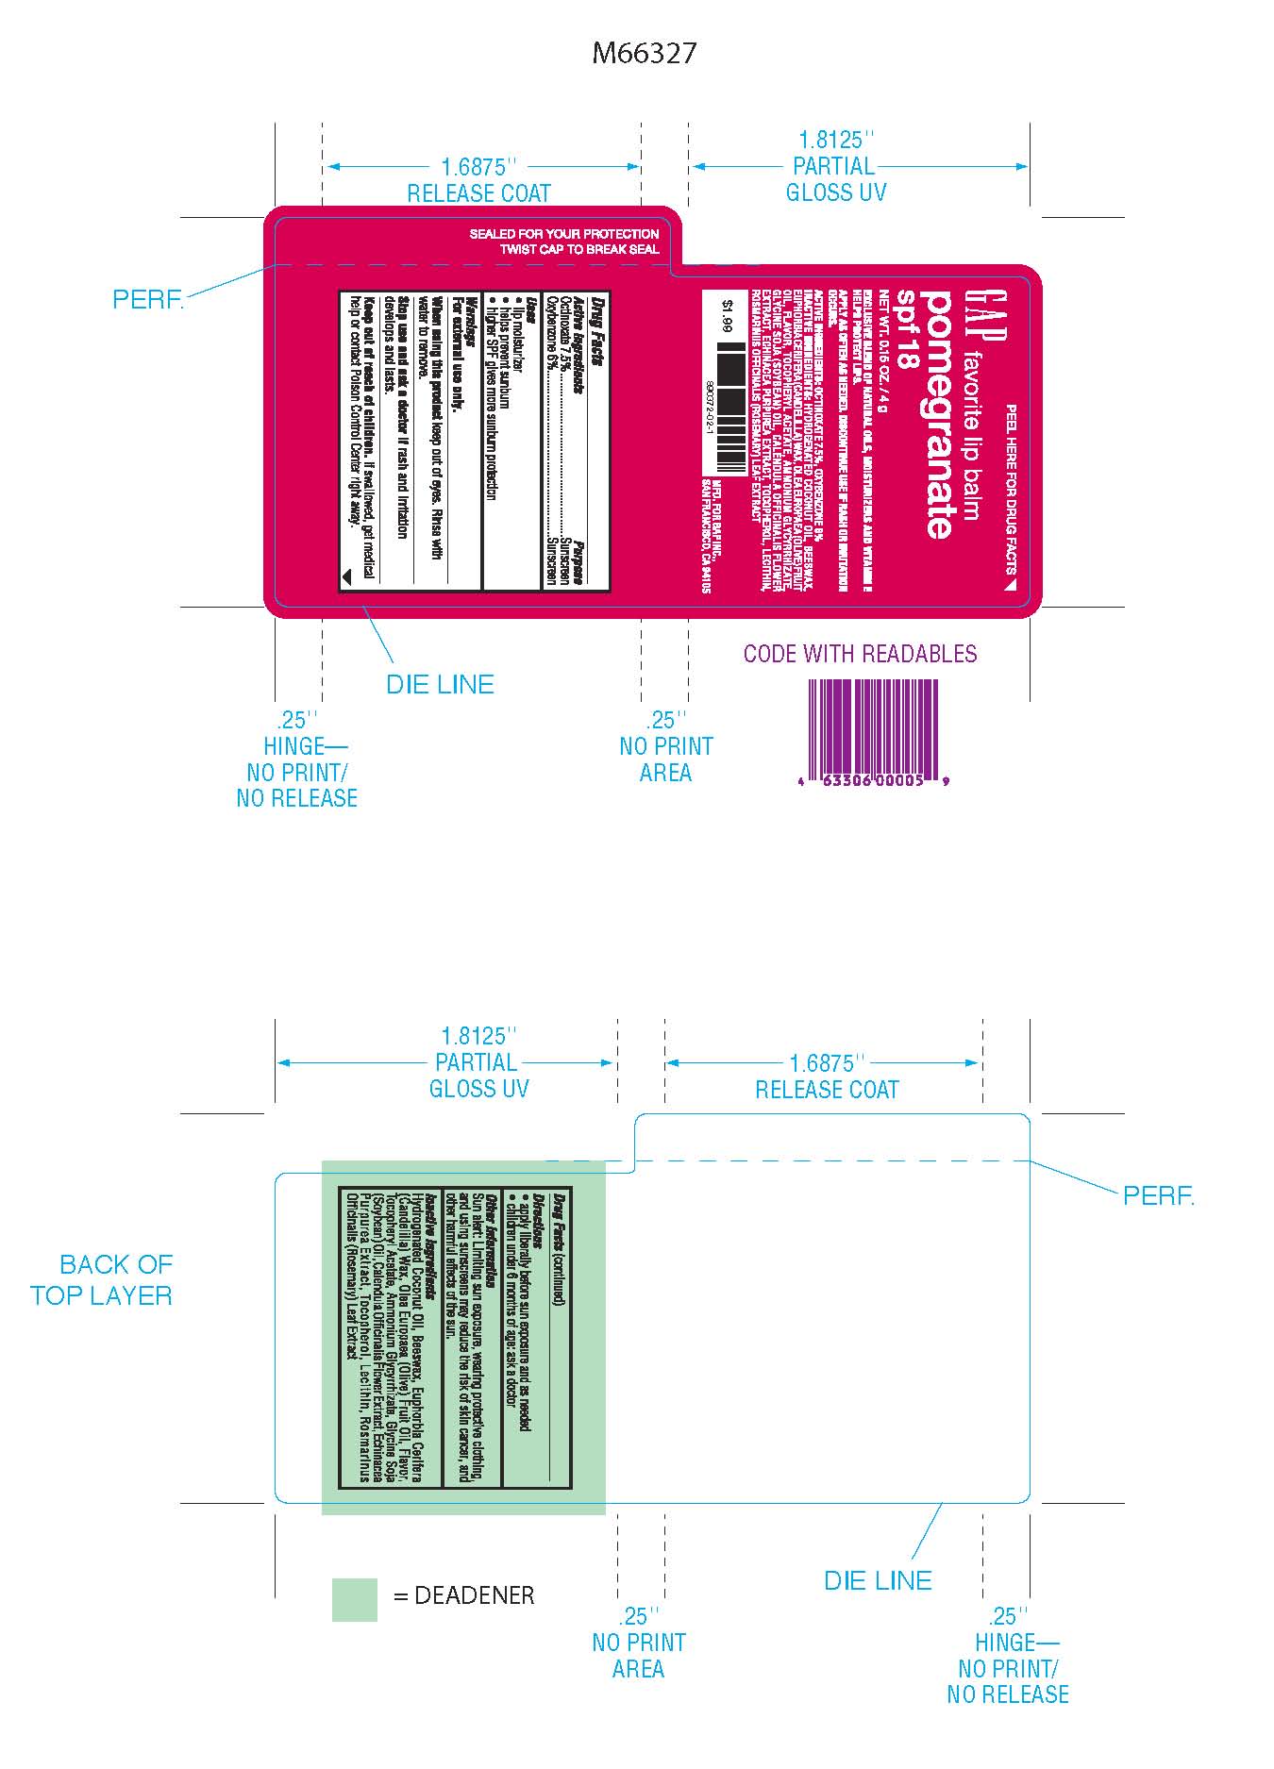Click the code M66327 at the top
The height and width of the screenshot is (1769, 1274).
click(x=644, y=53)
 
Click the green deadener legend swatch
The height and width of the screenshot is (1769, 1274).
click(x=354, y=1599)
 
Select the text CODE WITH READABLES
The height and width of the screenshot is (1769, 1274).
click(x=860, y=654)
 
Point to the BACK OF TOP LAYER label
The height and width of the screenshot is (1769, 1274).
click(x=102, y=1279)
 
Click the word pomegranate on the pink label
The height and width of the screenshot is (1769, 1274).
click(x=938, y=414)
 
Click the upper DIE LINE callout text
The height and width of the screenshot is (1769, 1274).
click(x=440, y=684)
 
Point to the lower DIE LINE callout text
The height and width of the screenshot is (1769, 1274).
click(x=878, y=1580)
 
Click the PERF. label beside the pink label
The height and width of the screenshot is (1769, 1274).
click(x=148, y=300)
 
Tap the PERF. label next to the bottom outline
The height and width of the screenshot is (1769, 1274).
click(x=1159, y=1196)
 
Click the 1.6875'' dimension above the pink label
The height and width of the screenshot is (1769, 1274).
click(x=479, y=167)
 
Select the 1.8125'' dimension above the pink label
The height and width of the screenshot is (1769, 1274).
click(x=835, y=141)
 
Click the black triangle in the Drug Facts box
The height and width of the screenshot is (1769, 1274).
click(x=346, y=573)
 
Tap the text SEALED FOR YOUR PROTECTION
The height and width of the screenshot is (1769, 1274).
click(x=564, y=234)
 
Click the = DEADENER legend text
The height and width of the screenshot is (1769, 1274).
click(x=463, y=1595)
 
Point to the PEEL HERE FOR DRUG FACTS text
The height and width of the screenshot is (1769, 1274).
click(x=1011, y=491)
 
